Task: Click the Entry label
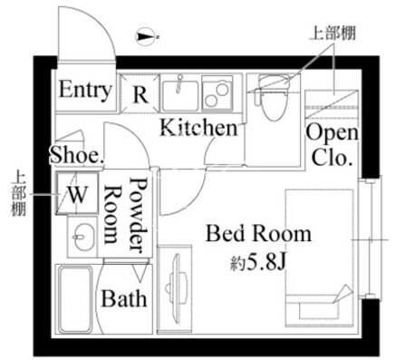85,90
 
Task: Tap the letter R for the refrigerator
140,94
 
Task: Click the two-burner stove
217,92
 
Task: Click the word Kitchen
198,128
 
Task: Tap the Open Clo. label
332,145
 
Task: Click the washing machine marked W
77,193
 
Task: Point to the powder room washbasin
82,237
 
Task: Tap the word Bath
124,298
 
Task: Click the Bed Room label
258,234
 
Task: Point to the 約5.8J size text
257,262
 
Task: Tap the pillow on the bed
319,310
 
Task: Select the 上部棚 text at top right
332,34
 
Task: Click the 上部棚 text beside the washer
18,194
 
